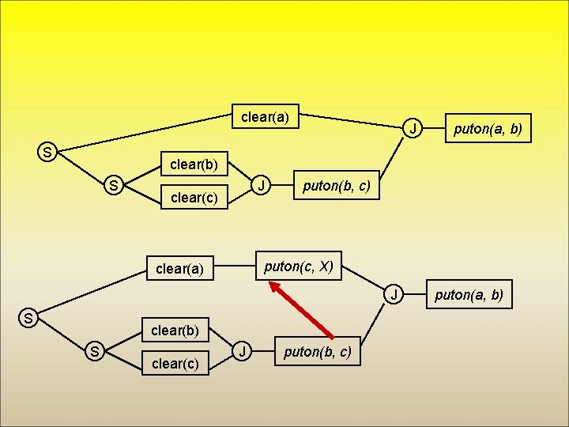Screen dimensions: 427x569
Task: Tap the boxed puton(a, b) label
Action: tap(487, 128)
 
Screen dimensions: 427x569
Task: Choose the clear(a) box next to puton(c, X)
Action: tap(180, 269)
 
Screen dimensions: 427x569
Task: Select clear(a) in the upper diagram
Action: tap(265, 118)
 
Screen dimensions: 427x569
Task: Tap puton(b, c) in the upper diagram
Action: tap(336, 187)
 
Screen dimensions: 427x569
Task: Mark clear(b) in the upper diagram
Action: tap(194, 164)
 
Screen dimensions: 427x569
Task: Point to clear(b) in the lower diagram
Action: tap(174, 330)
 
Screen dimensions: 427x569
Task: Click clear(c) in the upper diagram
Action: tap(194, 198)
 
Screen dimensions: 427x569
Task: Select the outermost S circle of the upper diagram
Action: tap(48, 152)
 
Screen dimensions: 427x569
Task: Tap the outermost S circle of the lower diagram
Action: tap(28, 319)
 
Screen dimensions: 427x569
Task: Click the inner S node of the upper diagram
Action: tap(115, 187)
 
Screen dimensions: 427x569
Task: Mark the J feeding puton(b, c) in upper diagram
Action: tap(260, 187)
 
